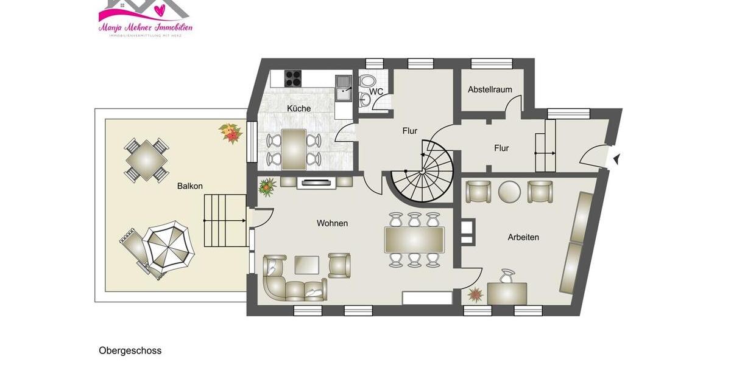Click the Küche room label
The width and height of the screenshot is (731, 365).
[298, 109]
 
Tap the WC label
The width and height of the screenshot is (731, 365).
[376, 92]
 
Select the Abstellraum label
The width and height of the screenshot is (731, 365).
[490, 89]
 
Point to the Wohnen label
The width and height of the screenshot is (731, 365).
[332, 223]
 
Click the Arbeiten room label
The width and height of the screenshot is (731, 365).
[523, 237]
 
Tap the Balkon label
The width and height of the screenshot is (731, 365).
[189, 186]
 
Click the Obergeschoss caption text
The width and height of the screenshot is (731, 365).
[130, 351]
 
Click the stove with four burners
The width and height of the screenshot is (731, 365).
[293, 78]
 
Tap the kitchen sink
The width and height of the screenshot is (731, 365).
[343, 86]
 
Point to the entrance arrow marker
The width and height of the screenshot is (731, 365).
[616, 159]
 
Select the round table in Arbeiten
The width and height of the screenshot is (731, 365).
[509, 192]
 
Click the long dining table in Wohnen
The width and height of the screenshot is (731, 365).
[414, 240]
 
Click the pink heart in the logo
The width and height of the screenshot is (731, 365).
[160, 10]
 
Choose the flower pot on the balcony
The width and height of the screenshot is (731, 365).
[231, 133]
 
